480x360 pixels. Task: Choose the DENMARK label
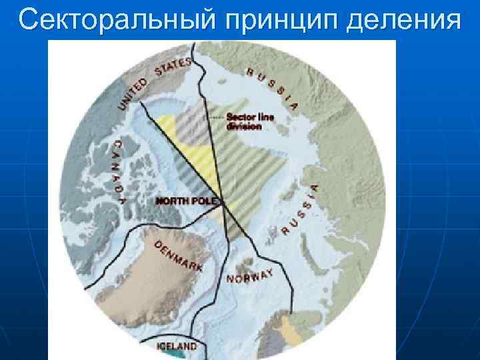click(x=178, y=256)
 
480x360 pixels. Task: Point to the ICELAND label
click(x=177, y=346)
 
